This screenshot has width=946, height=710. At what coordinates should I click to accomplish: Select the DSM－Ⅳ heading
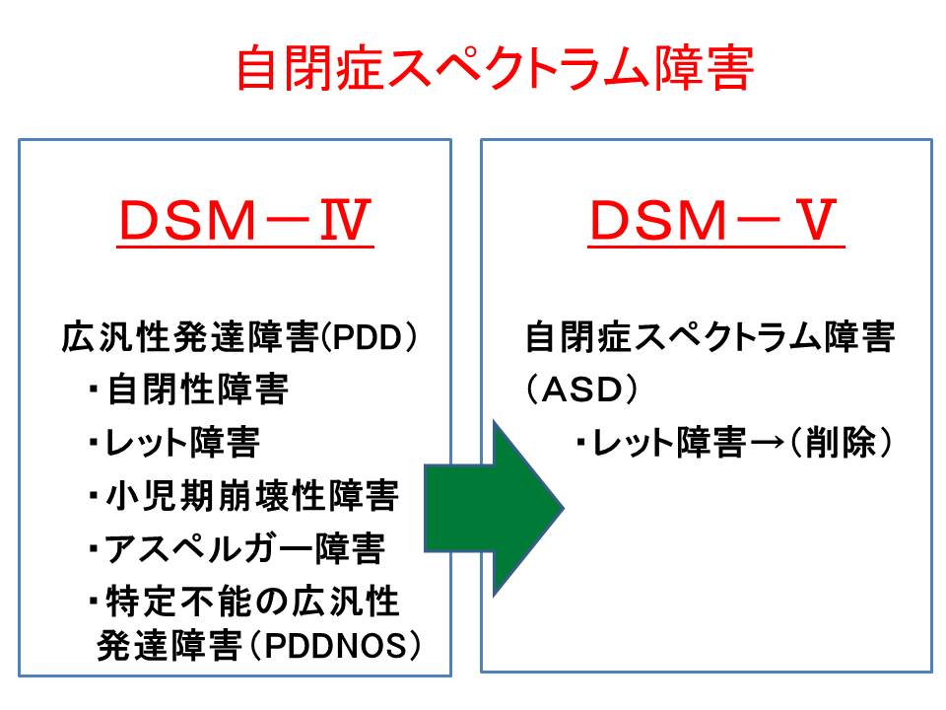pos(245,224)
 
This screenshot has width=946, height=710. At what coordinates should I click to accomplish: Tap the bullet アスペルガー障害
pos(244,548)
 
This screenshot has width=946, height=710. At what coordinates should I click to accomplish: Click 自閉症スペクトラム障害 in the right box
pos(709,339)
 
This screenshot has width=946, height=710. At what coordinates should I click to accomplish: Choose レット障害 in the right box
pos(667,445)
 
